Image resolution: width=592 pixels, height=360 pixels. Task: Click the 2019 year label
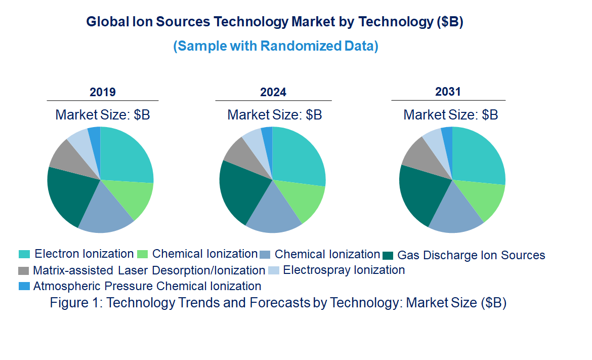pyautogui.click(x=103, y=92)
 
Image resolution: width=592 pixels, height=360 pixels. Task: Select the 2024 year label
pyautogui.click(x=273, y=92)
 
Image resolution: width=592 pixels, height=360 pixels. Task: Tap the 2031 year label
pyautogui.click(x=448, y=92)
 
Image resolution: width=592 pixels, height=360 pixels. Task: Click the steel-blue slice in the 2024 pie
pyautogui.click(x=273, y=210)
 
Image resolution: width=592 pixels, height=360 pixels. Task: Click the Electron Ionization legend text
pyautogui.click(x=84, y=254)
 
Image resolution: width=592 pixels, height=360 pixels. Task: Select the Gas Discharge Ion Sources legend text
pyautogui.click(x=471, y=255)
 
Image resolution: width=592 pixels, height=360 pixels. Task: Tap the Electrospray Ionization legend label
pyautogui.click(x=344, y=270)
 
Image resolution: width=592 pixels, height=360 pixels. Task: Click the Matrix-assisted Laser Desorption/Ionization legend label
pyautogui.click(x=149, y=270)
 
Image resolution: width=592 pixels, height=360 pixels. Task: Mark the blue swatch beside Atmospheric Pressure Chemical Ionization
pyautogui.click(x=24, y=286)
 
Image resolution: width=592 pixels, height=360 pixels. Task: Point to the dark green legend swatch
pyautogui.click(x=388, y=255)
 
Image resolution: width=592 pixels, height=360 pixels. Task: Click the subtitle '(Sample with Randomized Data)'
pyautogui.click(x=276, y=46)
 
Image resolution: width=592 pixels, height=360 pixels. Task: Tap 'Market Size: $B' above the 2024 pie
pyautogui.click(x=275, y=114)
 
